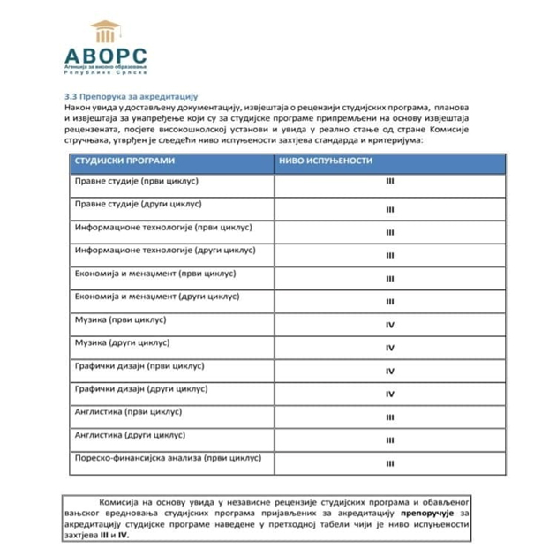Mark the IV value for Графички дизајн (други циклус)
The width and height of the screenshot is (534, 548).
pos(389,394)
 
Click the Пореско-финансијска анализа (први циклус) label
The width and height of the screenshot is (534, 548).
pos(168,458)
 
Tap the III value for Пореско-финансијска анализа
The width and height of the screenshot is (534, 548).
pos(389,462)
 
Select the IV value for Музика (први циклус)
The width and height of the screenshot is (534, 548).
pos(389,325)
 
